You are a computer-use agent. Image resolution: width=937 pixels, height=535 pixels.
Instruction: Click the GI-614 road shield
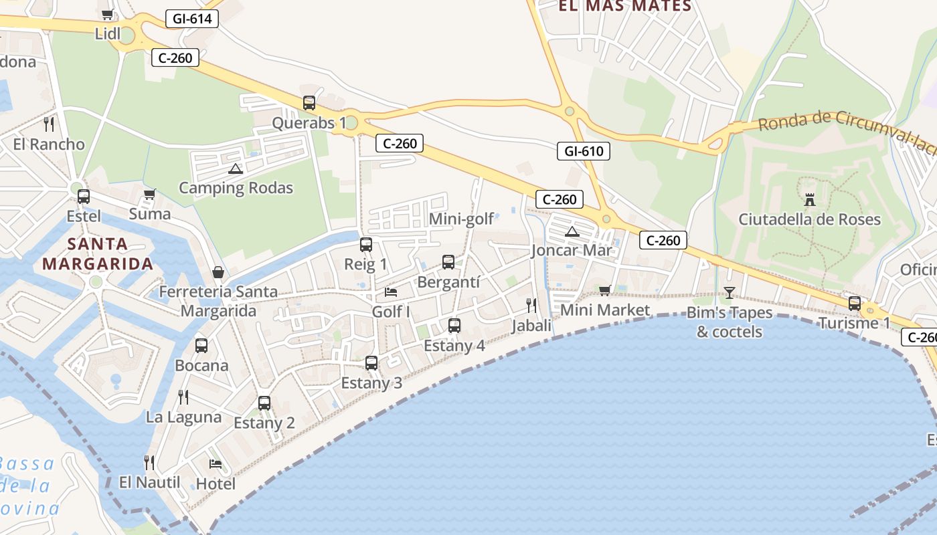192,19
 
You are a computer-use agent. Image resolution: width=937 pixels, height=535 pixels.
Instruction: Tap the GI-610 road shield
584,151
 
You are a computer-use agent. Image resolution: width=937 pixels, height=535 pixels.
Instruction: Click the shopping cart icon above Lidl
107,14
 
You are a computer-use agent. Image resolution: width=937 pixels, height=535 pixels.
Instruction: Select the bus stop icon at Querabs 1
309,103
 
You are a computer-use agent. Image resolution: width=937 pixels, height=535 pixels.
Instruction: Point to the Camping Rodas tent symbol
234,169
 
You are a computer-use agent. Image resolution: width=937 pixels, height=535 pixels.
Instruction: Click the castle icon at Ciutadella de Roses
810,199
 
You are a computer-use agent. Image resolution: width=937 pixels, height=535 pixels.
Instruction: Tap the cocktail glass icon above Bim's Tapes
729,292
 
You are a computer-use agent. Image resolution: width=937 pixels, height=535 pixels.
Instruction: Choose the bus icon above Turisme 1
855,303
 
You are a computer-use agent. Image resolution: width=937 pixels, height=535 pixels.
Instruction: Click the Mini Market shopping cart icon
605,290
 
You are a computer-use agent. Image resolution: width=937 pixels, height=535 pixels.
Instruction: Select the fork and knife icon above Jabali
531,306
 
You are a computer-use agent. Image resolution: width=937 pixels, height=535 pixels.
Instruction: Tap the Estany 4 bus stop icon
454,326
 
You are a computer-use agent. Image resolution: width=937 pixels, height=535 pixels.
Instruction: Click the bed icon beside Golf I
391,292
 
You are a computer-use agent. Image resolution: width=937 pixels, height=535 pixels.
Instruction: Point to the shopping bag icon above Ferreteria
218,272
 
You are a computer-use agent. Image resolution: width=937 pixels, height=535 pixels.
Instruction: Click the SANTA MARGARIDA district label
98,253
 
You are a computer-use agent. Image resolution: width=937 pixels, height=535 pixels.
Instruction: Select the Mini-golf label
461,219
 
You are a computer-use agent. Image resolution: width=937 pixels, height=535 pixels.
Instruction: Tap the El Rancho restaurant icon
49,124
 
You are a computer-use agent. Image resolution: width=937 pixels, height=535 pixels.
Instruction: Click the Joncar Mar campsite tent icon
572,231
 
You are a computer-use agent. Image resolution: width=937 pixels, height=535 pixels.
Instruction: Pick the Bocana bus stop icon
201,346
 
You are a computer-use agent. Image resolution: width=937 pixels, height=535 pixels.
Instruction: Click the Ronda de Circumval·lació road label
847,131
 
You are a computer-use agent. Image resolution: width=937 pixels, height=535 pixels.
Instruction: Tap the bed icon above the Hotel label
216,463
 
